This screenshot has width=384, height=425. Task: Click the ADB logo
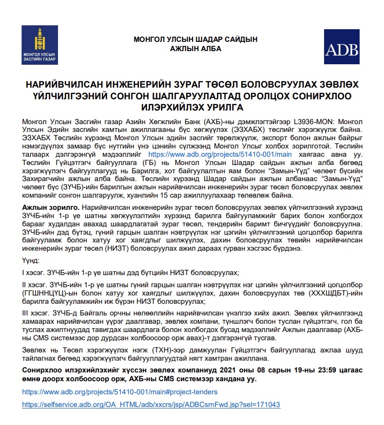[x=341, y=47]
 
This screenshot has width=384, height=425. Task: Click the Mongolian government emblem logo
[x=39, y=44]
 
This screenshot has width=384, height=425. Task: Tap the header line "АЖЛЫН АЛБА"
[x=195, y=49]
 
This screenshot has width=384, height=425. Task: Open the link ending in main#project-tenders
[x=120, y=392]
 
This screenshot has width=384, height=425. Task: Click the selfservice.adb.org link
[x=151, y=405]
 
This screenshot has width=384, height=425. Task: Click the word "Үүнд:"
[x=32, y=261]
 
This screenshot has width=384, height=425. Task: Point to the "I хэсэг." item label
[x=36, y=273]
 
